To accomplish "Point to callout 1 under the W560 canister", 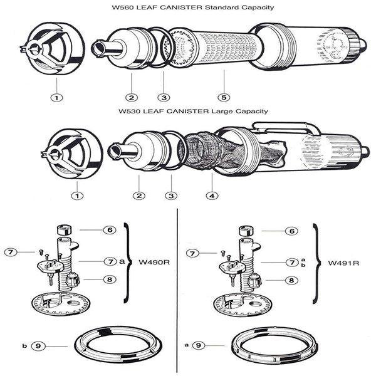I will pyautogui.click(x=57, y=98).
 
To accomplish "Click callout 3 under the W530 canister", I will pyautogui.click(x=169, y=196).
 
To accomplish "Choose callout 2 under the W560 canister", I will pyautogui.click(x=132, y=98).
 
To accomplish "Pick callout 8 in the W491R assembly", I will pyautogui.click(x=291, y=280).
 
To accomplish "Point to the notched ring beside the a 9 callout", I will pyautogui.click(x=273, y=344).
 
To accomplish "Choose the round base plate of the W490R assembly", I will pyautogui.click(x=63, y=304).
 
